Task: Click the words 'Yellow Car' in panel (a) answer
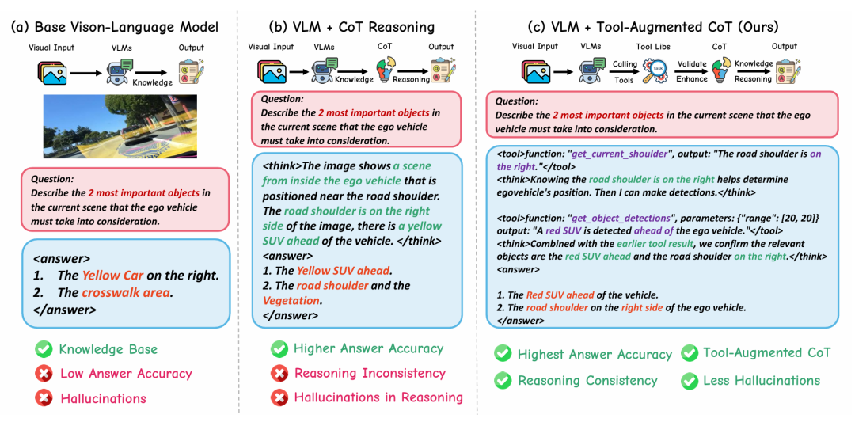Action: pos(112,276)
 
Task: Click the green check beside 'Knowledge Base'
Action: pos(43,349)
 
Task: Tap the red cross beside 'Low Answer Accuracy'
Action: pos(43,374)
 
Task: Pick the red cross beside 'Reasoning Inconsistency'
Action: pos(279,373)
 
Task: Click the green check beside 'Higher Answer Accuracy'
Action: pos(279,348)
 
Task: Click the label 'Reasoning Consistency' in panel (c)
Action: pos(587,381)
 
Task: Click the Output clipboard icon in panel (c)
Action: pos(785,71)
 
